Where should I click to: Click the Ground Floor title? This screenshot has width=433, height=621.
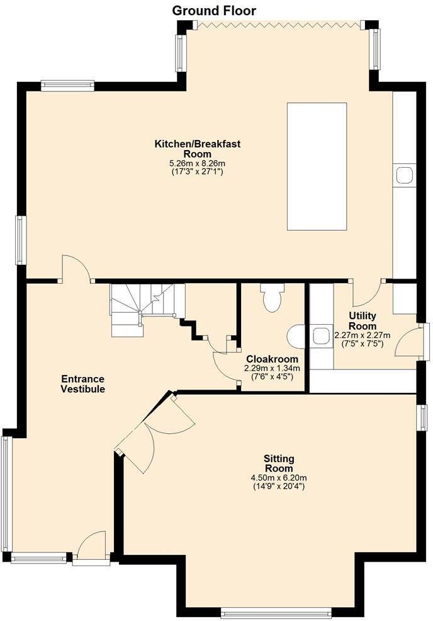[x=214, y=11]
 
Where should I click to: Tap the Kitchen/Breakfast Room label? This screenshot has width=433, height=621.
[x=198, y=149]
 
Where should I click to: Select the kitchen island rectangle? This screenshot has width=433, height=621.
[x=317, y=166]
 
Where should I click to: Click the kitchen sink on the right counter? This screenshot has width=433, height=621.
[x=403, y=175]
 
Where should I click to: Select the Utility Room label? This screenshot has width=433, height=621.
[x=363, y=321]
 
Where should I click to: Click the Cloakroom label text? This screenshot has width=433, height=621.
[x=272, y=358]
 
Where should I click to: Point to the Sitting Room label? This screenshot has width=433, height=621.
[x=278, y=463]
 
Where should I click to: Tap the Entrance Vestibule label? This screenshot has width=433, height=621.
[x=82, y=384]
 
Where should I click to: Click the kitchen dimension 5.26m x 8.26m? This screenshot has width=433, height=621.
[x=197, y=163]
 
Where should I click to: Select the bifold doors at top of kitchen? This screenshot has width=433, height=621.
[x=278, y=25]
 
